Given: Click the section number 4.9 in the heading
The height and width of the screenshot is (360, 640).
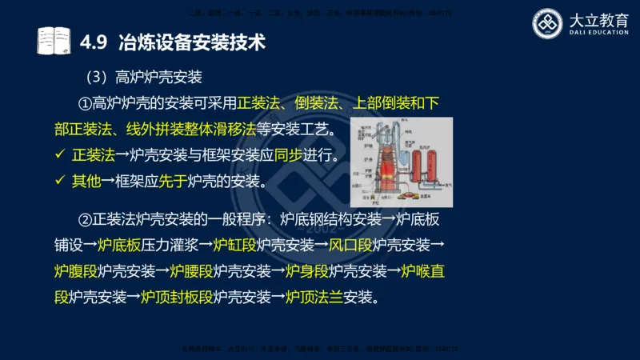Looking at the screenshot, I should coord(95,39).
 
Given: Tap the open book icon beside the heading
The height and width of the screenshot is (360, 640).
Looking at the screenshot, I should coord(54,39).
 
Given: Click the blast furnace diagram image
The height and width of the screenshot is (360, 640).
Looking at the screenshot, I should coord(402,162).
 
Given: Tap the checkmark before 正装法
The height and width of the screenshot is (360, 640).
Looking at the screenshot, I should coord(59,154).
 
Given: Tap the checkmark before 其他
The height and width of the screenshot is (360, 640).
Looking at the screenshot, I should coord(59,181).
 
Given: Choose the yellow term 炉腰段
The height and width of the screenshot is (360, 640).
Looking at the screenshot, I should coord(191,271).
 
